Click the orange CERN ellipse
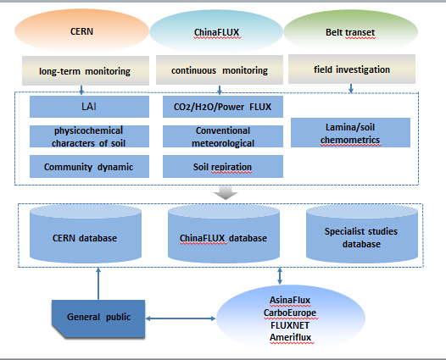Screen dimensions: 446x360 81,30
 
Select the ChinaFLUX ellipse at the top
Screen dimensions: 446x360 216,31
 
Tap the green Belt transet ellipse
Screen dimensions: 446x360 351,31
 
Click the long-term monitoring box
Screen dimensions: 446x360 86,71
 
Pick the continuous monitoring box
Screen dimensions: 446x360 220,70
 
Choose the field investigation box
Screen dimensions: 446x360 352,69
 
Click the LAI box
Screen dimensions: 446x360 89,107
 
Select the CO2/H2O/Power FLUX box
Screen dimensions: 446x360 223,107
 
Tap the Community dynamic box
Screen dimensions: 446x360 89,167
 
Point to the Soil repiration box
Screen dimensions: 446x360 223,167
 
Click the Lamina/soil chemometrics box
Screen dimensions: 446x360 350,133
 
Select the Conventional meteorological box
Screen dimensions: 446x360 223,136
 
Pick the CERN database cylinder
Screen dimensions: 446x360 86,234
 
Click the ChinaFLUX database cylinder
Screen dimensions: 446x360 224,234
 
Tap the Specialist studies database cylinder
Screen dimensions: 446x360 362,234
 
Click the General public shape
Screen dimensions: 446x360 98,318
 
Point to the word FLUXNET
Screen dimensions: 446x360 290,325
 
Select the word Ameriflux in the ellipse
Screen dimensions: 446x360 291,337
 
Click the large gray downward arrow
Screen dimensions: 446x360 226,193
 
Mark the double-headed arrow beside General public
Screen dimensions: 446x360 181,318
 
